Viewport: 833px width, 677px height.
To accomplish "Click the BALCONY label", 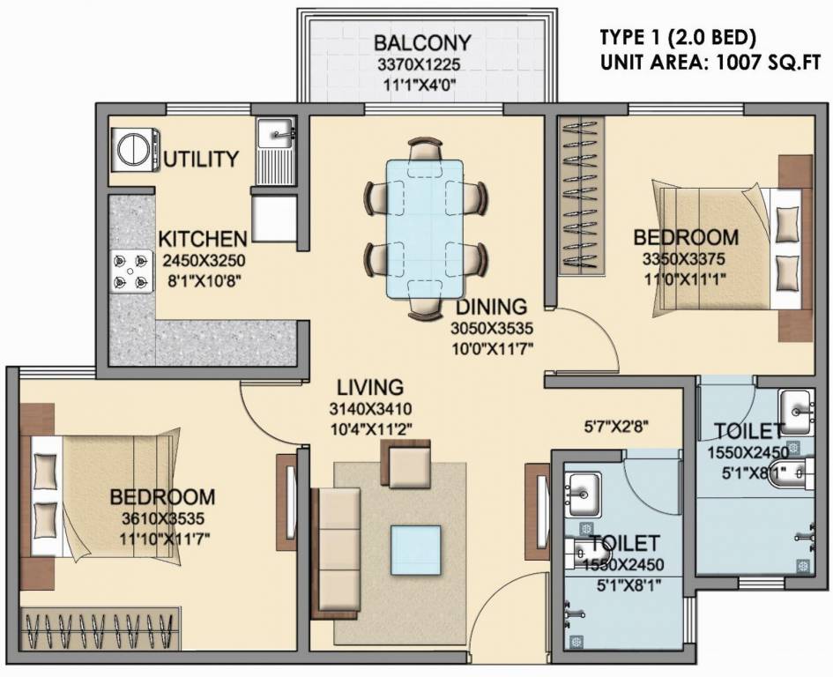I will click(x=422, y=43).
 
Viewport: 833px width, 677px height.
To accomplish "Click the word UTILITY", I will click(x=202, y=160).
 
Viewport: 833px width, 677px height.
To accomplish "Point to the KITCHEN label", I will click(x=203, y=239).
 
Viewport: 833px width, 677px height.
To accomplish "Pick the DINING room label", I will click(x=491, y=307).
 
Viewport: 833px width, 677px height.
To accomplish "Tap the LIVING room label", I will click(x=371, y=387).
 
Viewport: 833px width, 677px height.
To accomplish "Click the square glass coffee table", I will click(x=416, y=546).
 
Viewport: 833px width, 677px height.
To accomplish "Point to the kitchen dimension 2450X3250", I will click(x=203, y=261).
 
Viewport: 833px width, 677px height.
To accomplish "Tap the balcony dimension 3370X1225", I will click(x=422, y=64).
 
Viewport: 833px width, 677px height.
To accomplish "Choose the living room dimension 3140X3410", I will click(x=371, y=409).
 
